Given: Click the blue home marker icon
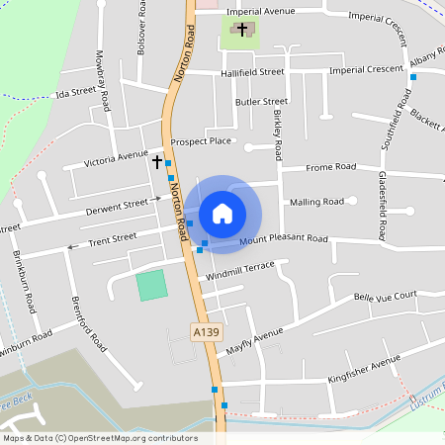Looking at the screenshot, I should (x=222, y=213).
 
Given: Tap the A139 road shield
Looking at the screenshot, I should (x=205, y=333).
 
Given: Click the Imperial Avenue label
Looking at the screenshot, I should (x=261, y=11).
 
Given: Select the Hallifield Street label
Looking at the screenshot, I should (x=252, y=72).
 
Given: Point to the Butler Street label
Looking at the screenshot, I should (x=261, y=101).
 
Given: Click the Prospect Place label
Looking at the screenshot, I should (x=201, y=141).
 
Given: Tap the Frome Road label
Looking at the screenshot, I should (x=330, y=167).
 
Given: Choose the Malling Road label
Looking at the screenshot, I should (x=316, y=202).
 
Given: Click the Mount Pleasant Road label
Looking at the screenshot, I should (x=283, y=239).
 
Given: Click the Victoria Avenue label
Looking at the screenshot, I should (x=116, y=157).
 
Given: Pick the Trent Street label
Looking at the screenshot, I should (x=113, y=238).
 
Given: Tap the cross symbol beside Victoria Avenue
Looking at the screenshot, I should (x=156, y=159).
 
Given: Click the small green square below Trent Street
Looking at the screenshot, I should (x=151, y=286).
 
